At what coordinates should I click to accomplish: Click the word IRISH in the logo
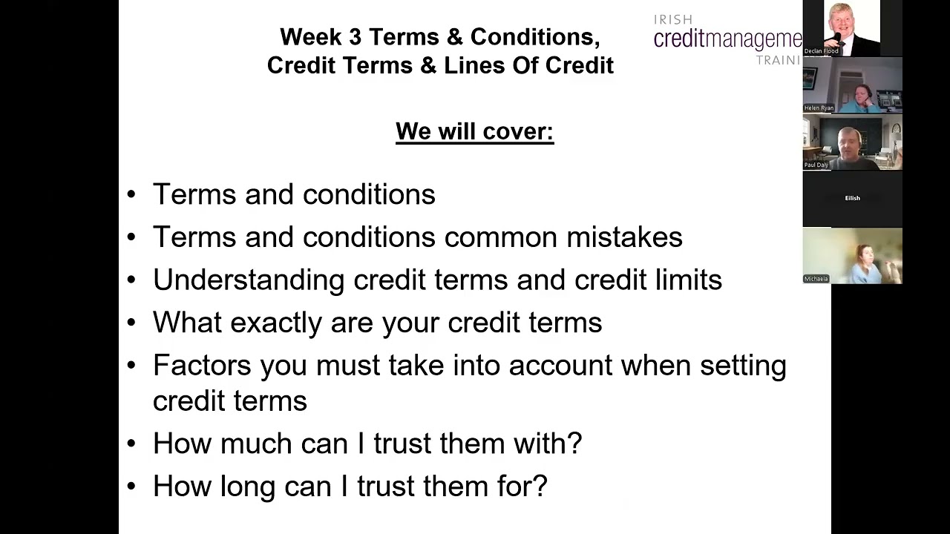(673, 20)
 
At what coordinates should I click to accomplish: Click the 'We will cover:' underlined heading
(474, 132)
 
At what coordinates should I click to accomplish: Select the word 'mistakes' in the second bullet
(624, 237)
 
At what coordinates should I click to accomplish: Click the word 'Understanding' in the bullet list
(249, 280)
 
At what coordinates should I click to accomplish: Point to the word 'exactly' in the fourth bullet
(277, 323)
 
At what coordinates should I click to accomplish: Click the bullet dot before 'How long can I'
(131, 487)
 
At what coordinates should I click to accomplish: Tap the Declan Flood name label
(822, 51)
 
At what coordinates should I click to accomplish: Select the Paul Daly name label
(816, 165)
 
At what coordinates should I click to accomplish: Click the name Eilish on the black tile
(852, 198)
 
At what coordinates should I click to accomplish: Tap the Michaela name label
(816, 279)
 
